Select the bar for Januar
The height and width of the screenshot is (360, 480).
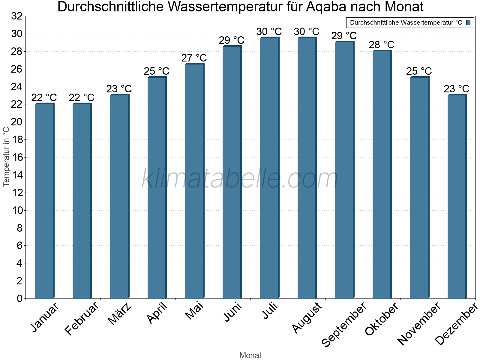(x=44, y=201)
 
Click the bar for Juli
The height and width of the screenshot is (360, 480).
(x=269, y=168)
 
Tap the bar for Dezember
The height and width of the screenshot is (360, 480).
(x=457, y=196)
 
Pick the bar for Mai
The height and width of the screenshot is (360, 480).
(x=194, y=181)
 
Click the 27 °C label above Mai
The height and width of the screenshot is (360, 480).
(x=194, y=58)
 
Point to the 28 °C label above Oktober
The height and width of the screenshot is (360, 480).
(x=382, y=45)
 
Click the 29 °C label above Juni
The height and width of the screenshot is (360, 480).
(x=232, y=40)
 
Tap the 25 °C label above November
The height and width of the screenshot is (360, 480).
(x=419, y=71)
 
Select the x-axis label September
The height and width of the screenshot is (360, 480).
(x=344, y=324)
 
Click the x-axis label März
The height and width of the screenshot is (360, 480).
(x=119, y=314)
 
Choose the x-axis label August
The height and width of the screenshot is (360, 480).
(x=307, y=318)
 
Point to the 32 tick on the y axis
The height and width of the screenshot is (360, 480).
(x=17, y=16)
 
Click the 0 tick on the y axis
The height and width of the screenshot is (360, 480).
(x=20, y=298)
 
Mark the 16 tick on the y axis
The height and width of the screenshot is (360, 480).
(x=17, y=157)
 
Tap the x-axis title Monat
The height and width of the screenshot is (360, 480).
(x=250, y=355)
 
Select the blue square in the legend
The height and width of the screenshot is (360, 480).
(x=469, y=22)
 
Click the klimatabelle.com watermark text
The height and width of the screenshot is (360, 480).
(x=240, y=179)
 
